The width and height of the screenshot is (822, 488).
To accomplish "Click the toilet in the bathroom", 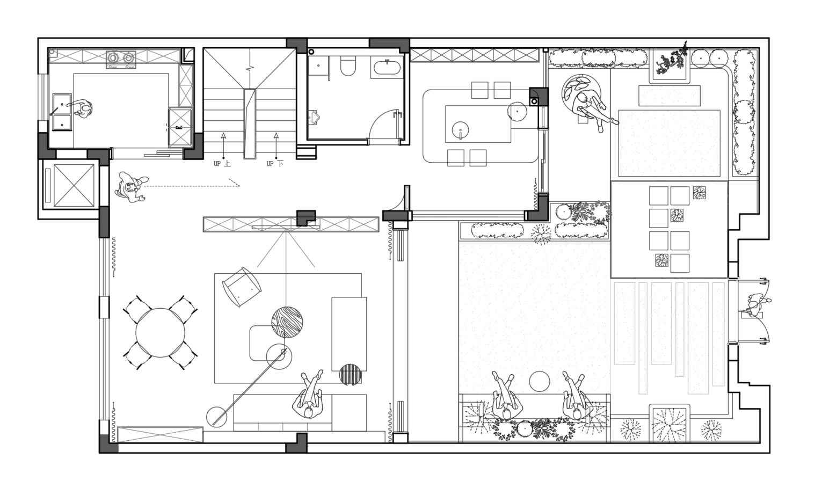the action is pos(348,66).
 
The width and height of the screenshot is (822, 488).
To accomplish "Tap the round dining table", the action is pos(161,333).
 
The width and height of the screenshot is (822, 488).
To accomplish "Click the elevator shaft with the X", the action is pos(74,185).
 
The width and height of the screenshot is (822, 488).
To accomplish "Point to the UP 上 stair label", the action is pos(222,164).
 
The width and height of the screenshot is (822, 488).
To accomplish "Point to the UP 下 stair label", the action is pos(275,164).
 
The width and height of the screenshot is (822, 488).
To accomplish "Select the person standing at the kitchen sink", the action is pos(81,109).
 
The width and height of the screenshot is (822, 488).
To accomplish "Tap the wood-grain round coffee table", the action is pos(287,322).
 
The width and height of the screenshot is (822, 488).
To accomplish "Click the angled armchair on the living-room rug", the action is pos(242,287).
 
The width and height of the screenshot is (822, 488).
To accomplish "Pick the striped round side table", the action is pos(350,375).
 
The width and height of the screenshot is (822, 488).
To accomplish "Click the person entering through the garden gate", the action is pos(755,305).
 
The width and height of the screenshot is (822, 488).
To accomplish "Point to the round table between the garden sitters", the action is pos(539,382).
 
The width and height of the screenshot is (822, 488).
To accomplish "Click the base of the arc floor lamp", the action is pos(216,417).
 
